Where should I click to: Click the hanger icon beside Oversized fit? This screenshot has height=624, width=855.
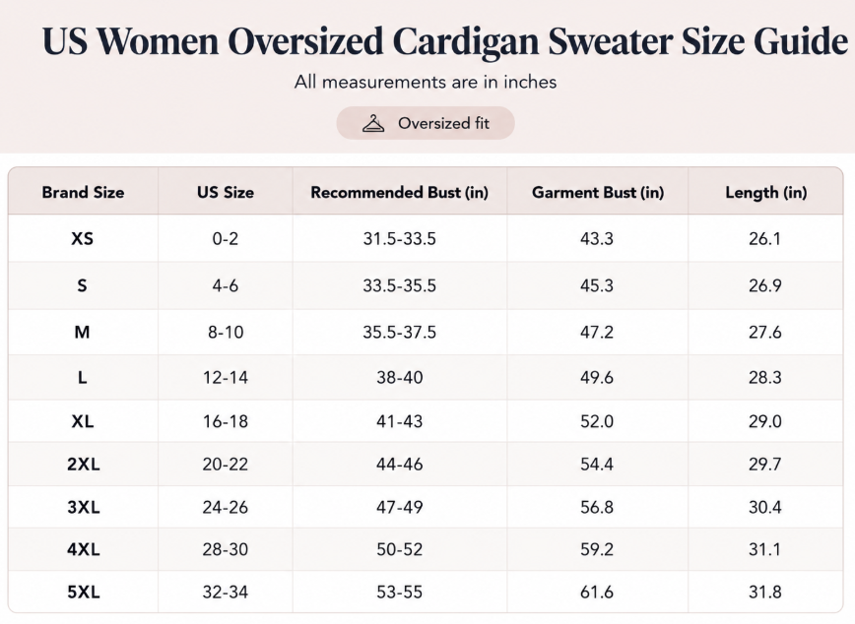pyautogui.click(x=373, y=123)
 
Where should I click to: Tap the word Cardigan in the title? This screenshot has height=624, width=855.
pyautogui.click(x=465, y=42)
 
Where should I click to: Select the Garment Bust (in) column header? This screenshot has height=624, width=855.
pyautogui.click(x=598, y=192)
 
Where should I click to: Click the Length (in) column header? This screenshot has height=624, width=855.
pyautogui.click(x=765, y=192)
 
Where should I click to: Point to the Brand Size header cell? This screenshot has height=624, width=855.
pyautogui.click(x=83, y=192)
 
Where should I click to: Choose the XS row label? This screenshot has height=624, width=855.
pyautogui.click(x=83, y=239)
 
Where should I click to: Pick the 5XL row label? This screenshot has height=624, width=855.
pyautogui.click(x=84, y=592)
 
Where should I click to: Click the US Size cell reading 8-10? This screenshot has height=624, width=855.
pyautogui.click(x=226, y=332)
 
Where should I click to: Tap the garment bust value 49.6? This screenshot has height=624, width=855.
pyautogui.click(x=597, y=377)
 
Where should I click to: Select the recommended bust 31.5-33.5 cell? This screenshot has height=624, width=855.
pyautogui.click(x=400, y=239)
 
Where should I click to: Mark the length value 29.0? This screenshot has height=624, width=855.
pyautogui.click(x=765, y=421)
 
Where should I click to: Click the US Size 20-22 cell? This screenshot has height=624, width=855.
pyautogui.click(x=226, y=465)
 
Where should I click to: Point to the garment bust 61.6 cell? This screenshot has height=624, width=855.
pyautogui.click(x=597, y=592)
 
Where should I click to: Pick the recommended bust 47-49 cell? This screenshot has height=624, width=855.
pyautogui.click(x=400, y=508)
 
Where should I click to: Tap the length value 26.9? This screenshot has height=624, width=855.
pyautogui.click(x=765, y=285)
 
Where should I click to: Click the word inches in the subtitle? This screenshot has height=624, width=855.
pyautogui.click(x=530, y=82)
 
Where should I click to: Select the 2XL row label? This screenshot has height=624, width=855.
pyautogui.click(x=84, y=465)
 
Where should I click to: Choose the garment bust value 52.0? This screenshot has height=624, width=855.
pyautogui.click(x=597, y=421)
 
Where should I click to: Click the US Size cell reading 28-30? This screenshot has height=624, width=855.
pyautogui.click(x=226, y=549)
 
